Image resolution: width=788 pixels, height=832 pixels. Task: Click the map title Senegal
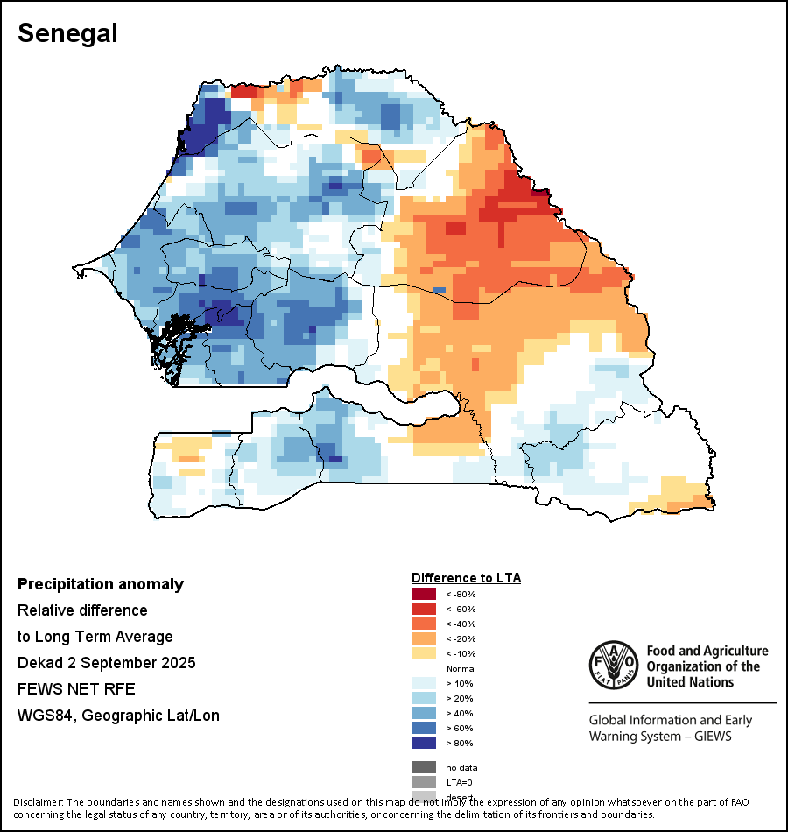click(67, 33)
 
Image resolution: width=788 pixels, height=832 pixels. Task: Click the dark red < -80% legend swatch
click(424, 594)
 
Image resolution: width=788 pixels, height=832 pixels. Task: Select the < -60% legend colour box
click(424, 609)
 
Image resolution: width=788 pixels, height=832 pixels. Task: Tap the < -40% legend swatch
click(424, 624)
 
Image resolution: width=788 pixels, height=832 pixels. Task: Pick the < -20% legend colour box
click(424, 638)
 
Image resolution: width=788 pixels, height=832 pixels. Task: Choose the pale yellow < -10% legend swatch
click(424, 653)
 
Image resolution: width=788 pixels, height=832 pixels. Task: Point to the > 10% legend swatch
click(424, 683)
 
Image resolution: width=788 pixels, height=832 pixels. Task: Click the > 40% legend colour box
click(424, 713)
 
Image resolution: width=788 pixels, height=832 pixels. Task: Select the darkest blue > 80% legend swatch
click(424, 743)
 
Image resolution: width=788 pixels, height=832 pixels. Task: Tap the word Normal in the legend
click(461, 668)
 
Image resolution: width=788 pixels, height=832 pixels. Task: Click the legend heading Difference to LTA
click(466, 578)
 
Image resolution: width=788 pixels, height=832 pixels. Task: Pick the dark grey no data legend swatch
click(424, 767)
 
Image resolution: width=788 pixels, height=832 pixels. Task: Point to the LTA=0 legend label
click(461, 782)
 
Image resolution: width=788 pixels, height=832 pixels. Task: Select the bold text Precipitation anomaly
click(101, 584)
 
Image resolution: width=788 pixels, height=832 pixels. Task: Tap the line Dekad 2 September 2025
click(106, 663)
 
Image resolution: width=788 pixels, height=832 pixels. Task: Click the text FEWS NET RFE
click(76, 689)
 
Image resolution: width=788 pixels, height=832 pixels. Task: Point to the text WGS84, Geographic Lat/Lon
click(118, 716)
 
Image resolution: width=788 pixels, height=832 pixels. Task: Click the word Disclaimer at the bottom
click(38, 802)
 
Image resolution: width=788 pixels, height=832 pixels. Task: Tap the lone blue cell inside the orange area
click(440, 290)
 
